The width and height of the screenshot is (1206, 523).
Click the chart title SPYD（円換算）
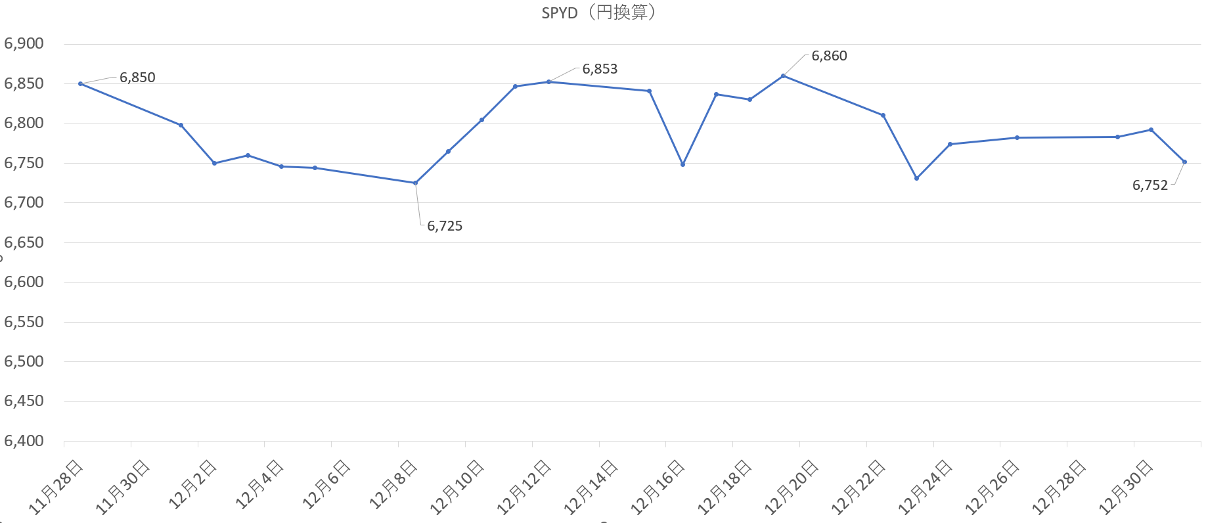pyautogui.click(x=598, y=12)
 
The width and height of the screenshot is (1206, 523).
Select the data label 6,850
pyautogui.click(x=137, y=78)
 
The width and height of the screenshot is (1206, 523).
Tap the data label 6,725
pyautogui.click(x=445, y=226)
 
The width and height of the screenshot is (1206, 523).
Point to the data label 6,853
pyautogui.click(x=600, y=69)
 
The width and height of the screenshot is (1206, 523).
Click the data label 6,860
pyautogui.click(x=829, y=56)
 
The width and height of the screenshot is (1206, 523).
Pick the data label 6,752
pyautogui.click(x=1150, y=185)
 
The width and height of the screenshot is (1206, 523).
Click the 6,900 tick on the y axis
pyautogui.click(x=24, y=44)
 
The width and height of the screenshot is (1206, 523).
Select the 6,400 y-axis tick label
pyautogui.click(x=24, y=441)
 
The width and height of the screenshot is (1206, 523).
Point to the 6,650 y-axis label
pyautogui.click(x=24, y=242)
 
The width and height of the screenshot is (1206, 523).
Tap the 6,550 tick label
pyautogui.click(x=24, y=322)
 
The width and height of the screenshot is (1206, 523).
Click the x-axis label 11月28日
pyautogui.click(x=56, y=486)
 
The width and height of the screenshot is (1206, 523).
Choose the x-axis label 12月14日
pyautogui.click(x=591, y=486)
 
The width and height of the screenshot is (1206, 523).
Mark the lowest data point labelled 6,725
pyautogui.click(x=415, y=183)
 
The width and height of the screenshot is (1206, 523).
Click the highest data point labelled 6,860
pyautogui.click(x=783, y=76)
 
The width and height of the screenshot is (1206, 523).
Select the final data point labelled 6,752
pyautogui.click(x=1184, y=162)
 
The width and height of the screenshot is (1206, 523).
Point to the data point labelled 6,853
pyautogui.click(x=548, y=81)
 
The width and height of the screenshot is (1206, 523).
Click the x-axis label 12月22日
pyautogui.click(x=859, y=486)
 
